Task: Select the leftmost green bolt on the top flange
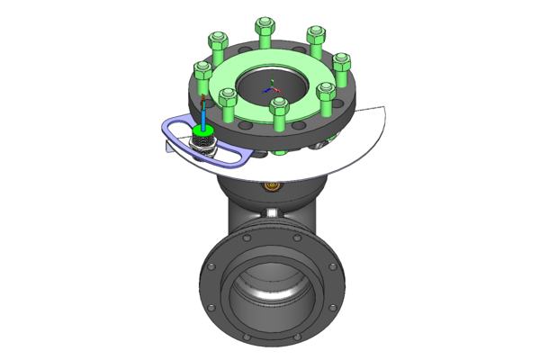(203, 70)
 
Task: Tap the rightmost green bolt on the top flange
(343, 64)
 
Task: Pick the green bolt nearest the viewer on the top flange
(279, 107)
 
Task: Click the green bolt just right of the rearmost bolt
(315, 37)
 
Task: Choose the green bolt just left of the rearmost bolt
(217, 40)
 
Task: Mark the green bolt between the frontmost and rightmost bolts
(326, 92)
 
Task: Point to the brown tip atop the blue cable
(203, 97)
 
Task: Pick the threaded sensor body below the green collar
(204, 145)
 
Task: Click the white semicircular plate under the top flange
(360, 144)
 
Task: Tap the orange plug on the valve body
(269, 187)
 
